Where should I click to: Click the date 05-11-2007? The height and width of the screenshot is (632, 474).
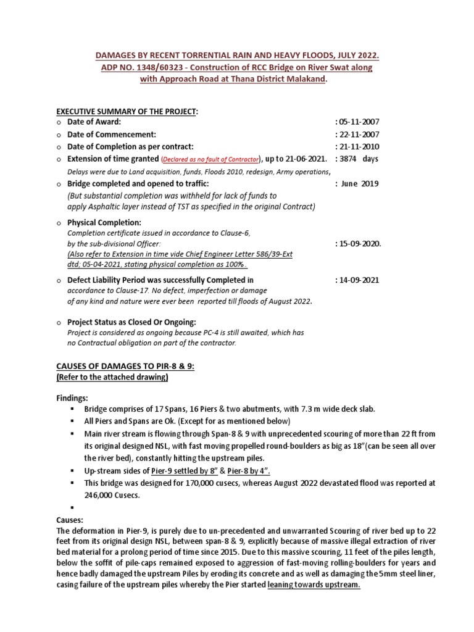click(358, 122)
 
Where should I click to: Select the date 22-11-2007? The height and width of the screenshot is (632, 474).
click(358, 135)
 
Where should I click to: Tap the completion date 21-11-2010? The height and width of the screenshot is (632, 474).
click(358, 147)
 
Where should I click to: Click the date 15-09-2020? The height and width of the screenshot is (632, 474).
click(359, 244)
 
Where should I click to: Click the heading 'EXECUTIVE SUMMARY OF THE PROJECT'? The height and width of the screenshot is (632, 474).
click(127, 110)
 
